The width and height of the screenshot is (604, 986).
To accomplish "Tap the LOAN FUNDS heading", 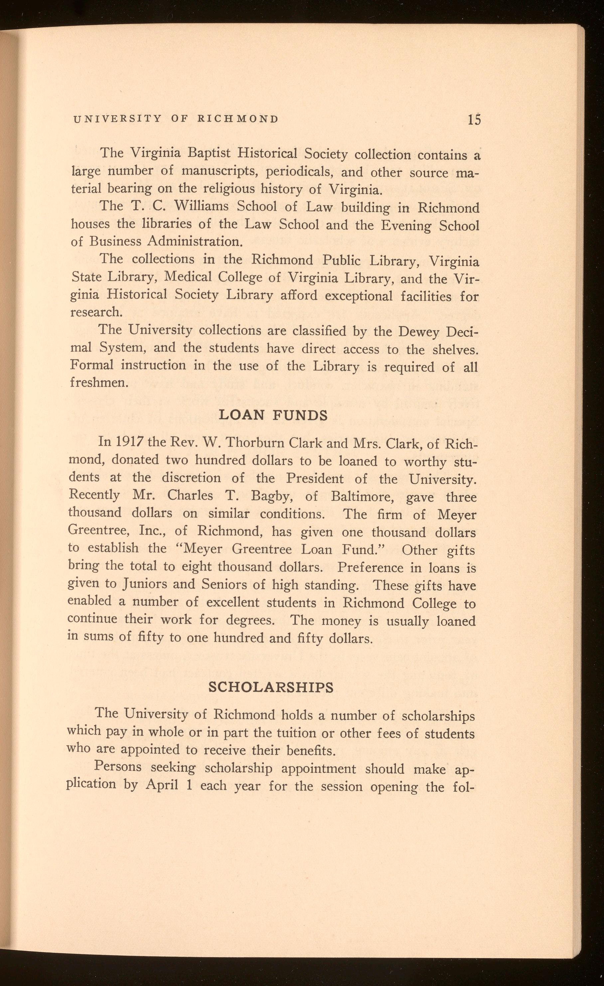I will [x=273, y=415].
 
